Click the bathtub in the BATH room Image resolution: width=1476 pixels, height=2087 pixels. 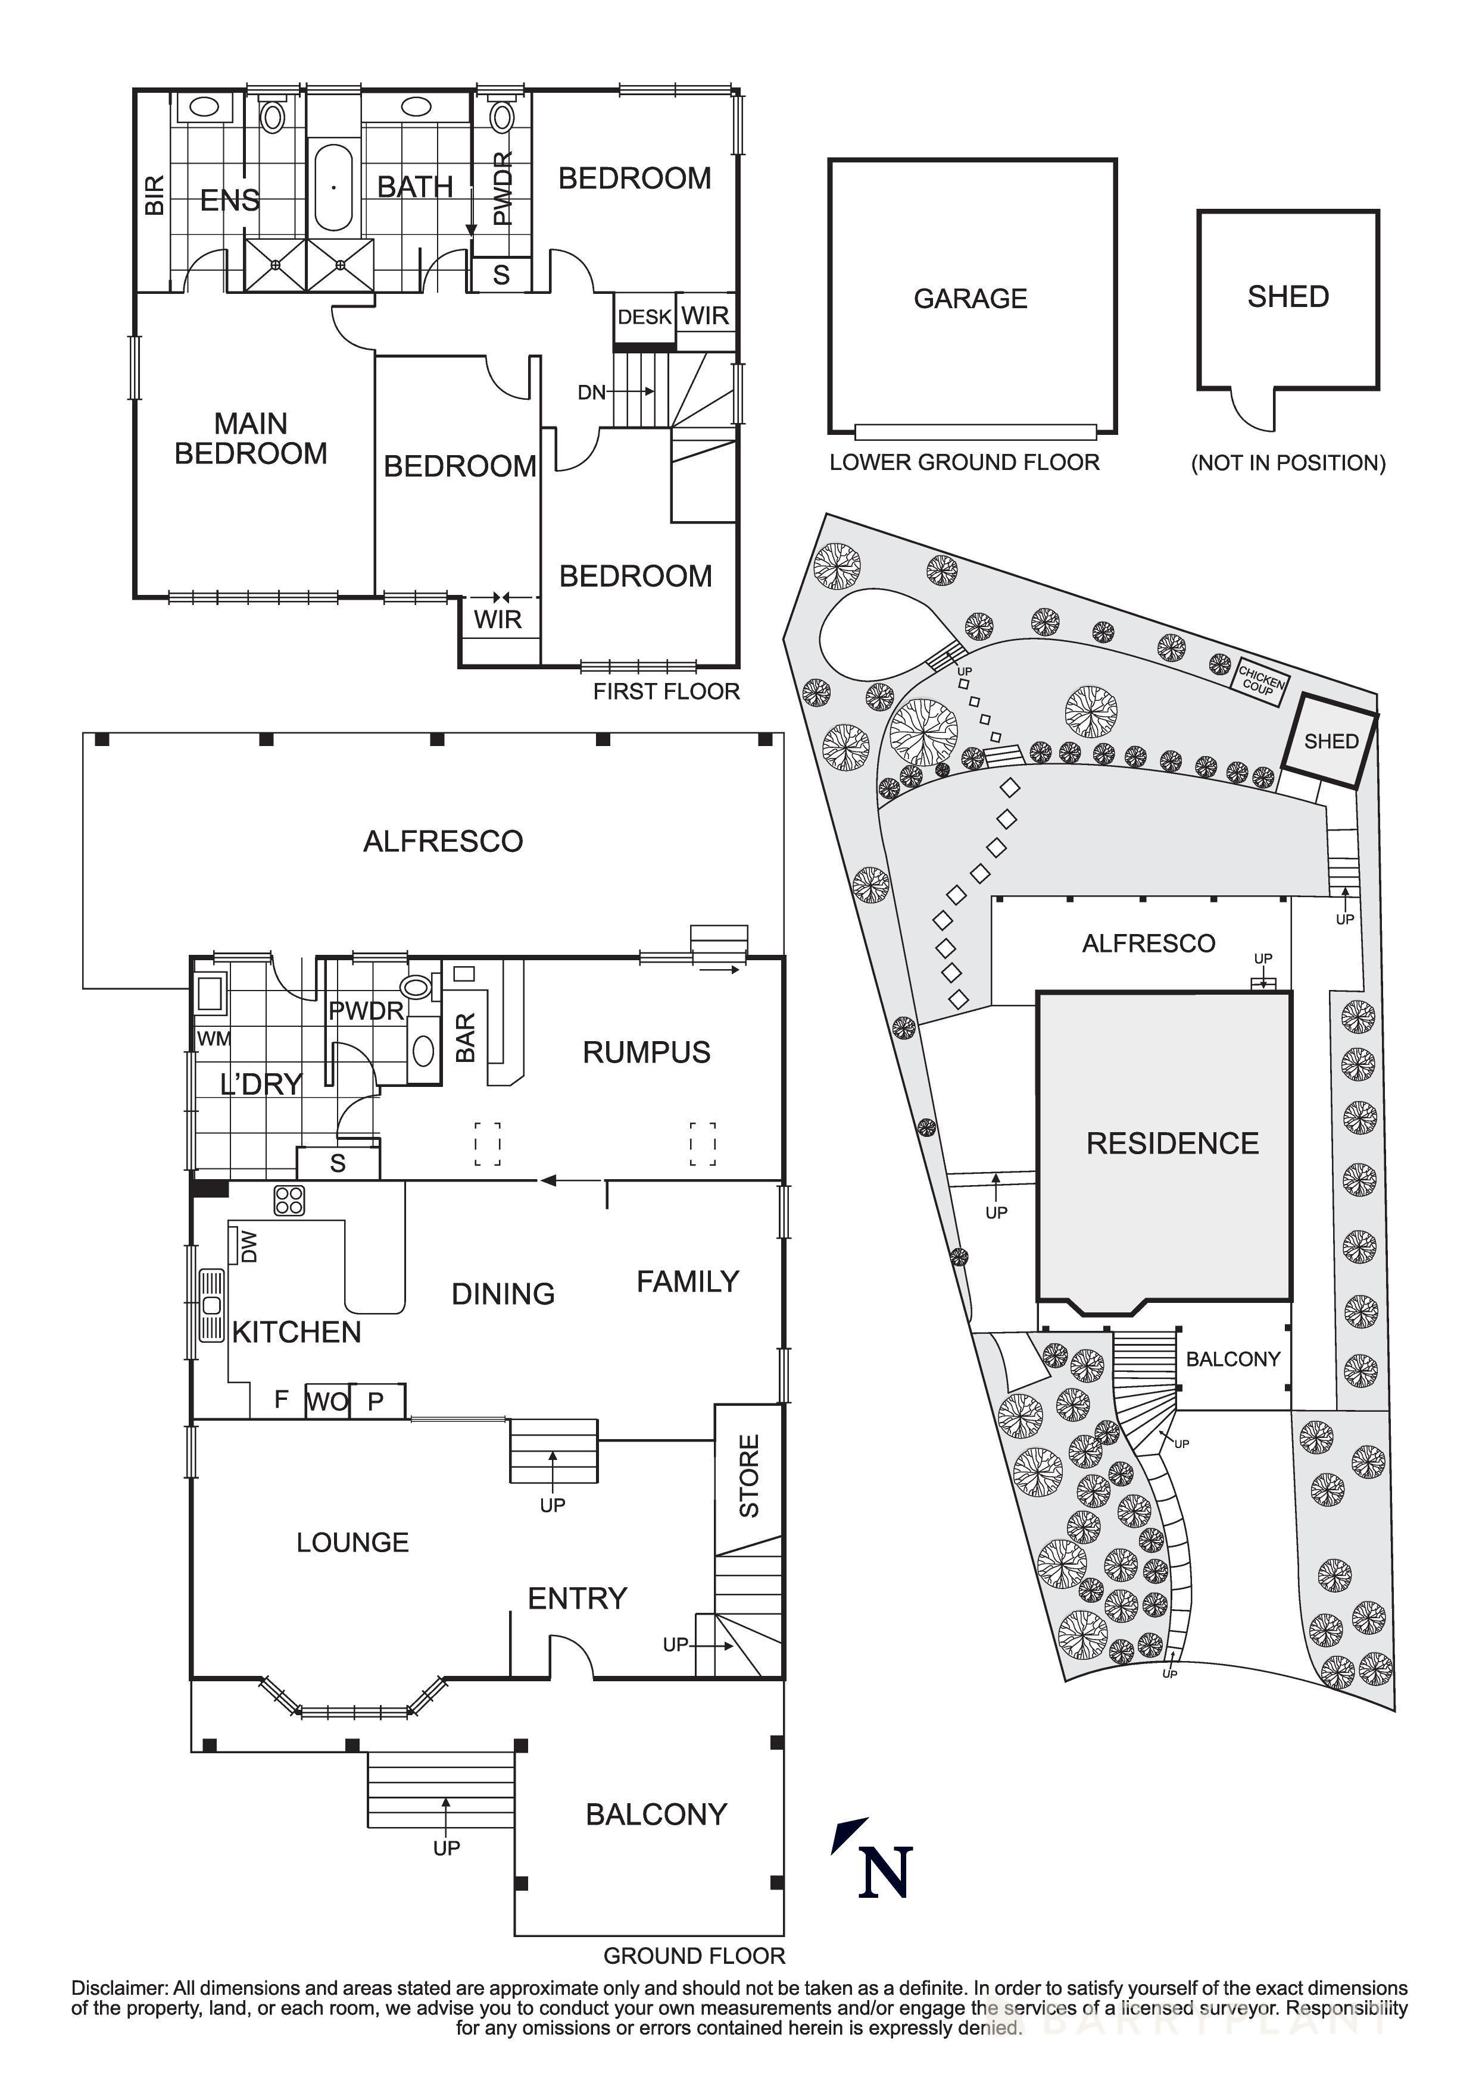[x=334, y=187]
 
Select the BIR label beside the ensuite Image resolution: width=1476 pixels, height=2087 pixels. [x=155, y=195]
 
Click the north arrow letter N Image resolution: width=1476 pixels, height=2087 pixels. [x=885, y=1872]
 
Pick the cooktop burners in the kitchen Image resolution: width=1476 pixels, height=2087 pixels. [x=289, y=1201]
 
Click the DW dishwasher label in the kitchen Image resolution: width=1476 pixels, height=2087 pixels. [x=248, y=1246]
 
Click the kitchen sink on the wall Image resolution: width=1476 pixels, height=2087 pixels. [x=212, y=1306]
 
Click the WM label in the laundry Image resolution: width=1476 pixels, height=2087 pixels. [x=214, y=1038]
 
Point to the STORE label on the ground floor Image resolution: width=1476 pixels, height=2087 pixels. [x=748, y=1477]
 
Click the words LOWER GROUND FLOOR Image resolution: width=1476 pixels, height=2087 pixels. [x=964, y=463]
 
